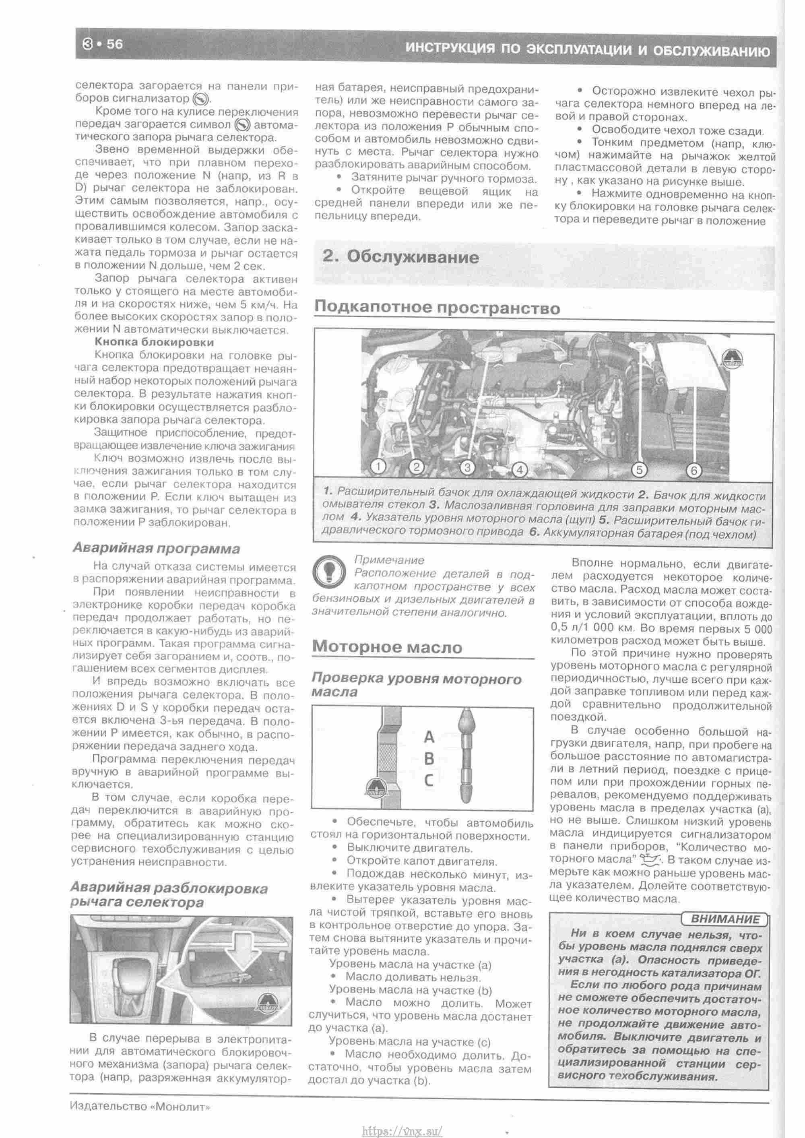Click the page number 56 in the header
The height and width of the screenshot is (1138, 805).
[114, 44]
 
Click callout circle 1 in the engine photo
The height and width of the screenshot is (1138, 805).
[379, 466]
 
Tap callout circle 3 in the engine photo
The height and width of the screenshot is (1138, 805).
[467, 467]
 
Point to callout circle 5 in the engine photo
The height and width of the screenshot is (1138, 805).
[639, 469]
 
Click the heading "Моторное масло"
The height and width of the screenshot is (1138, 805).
[387, 646]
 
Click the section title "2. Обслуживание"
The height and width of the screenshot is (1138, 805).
[400, 257]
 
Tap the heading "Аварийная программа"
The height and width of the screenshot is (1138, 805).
[156, 548]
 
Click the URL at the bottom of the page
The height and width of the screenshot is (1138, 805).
[402, 1129]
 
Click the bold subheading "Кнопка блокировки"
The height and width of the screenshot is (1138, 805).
[154, 342]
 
